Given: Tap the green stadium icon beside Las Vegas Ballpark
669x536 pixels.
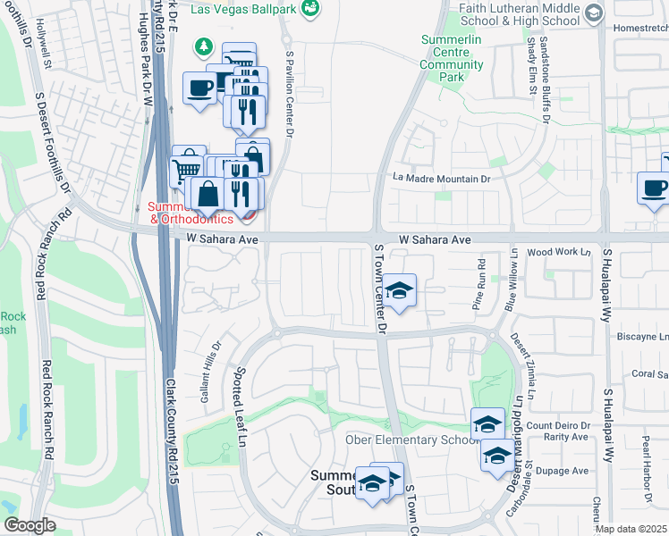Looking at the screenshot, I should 311,9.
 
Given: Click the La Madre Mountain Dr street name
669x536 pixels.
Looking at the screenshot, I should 443,179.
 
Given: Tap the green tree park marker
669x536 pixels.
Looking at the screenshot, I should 205,46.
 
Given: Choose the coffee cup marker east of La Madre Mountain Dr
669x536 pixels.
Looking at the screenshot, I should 655,188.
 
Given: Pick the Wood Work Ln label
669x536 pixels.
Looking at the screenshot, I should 560,253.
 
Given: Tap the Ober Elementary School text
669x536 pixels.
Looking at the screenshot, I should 408,440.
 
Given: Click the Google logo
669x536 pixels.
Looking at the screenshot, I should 30,525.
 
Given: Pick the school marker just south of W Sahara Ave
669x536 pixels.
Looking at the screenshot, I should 400,290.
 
